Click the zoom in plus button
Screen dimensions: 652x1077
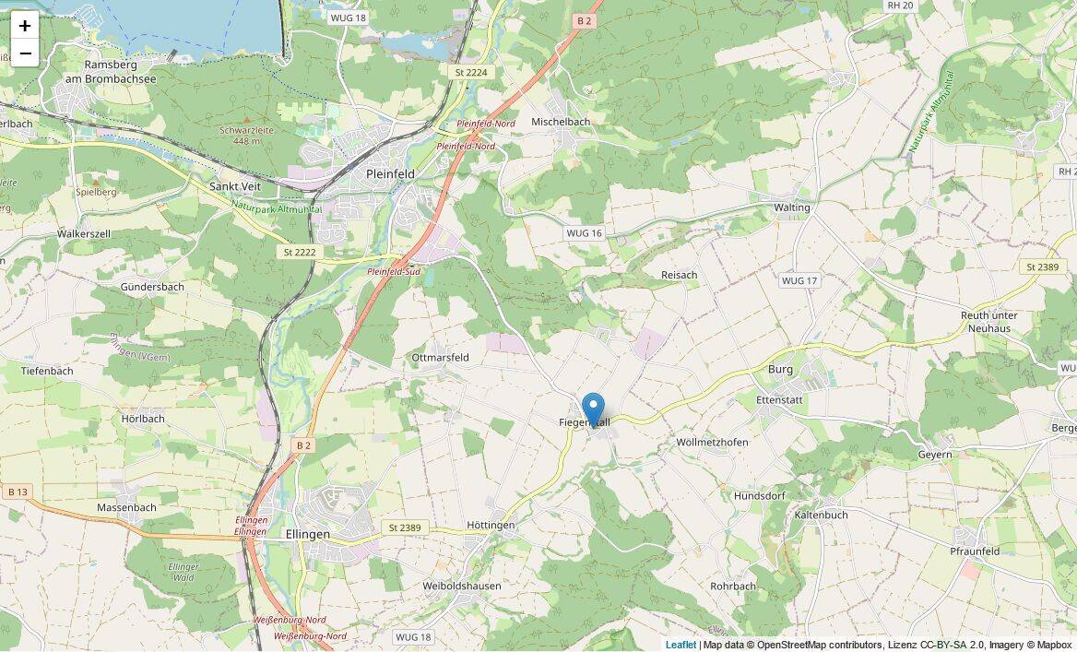25,26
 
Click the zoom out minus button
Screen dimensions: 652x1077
25,53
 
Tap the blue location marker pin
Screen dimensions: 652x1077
593,409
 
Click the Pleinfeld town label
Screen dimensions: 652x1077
390,173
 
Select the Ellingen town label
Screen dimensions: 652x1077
307,534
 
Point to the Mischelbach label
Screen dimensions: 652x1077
561,122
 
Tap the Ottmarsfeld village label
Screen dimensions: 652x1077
440,357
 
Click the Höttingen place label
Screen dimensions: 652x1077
491,526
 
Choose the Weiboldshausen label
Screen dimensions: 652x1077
461,586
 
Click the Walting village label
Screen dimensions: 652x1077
791,207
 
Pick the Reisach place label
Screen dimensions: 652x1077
679,275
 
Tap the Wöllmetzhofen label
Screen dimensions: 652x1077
712,443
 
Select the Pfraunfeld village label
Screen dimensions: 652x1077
975,551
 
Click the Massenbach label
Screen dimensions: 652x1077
126,507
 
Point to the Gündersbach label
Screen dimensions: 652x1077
152,287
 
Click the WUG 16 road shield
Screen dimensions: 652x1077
584,233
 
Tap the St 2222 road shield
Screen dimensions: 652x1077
300,252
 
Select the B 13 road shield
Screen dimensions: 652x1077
17,492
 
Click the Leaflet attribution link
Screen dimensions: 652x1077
681,645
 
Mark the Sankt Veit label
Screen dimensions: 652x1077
235,186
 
